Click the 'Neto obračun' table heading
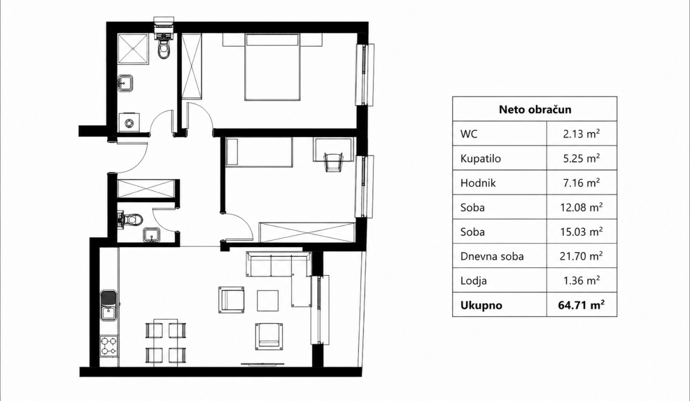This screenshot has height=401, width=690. pos(535,109)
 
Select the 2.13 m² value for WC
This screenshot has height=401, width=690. pos(581,134)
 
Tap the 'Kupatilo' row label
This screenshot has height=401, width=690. pos(481,158)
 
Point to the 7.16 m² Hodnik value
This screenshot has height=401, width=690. pos(581,183)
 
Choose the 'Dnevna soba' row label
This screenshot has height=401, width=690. pos(492,256)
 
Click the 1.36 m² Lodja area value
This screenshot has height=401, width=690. pos(581,281)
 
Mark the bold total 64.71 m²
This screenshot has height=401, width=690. pos(581,305)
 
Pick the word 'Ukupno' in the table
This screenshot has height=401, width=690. pos(481,305)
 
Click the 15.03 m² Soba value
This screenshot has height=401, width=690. pos(581,232)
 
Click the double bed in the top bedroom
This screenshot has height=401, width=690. pos(272,67)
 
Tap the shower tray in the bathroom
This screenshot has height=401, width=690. pos(133,48)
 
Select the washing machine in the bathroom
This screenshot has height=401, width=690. pos(129,123)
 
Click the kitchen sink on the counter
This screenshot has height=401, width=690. pos(109,305)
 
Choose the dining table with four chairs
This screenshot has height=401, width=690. pos(166,343)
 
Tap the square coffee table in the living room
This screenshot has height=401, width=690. pos(268,301)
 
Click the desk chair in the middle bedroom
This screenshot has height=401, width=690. pos(333,162)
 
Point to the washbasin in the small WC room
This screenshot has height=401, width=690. pos(151,235)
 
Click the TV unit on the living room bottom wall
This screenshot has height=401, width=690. pos(263,364)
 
